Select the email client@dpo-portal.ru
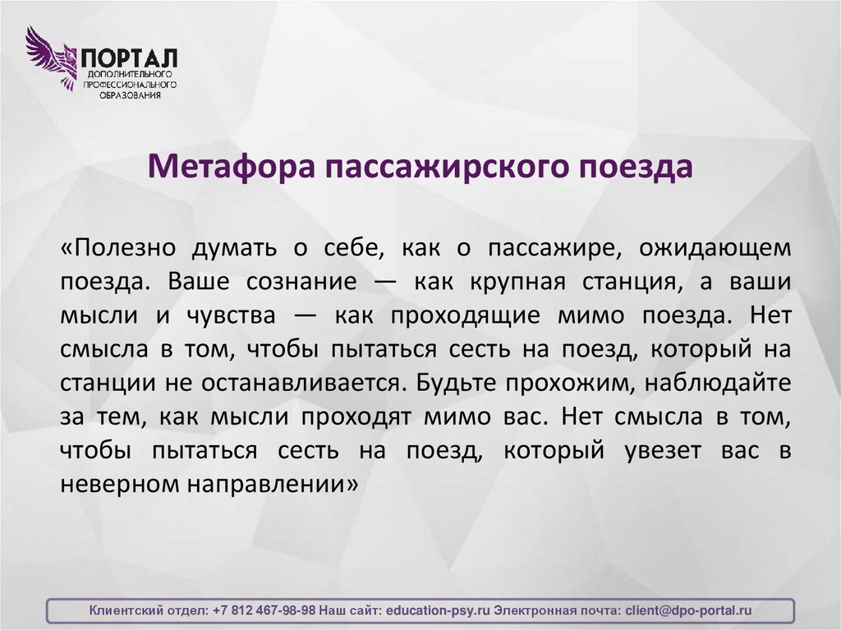pos(688,611)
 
